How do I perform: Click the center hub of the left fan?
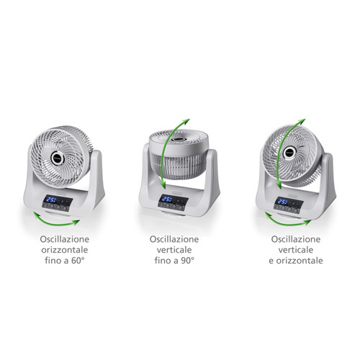[x=58, y=158]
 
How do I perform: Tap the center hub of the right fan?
[x=289, y=152]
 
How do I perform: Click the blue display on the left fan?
[x=52, y=199]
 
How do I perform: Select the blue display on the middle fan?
[x=168, y=199]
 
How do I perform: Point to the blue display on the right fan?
[x=284, y=201]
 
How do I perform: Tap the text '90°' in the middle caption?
[x=187, y=261]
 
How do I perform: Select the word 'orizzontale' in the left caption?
[x=65, y=250]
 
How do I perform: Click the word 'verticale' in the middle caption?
[x=174, y=250]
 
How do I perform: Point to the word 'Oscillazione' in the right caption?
[x=296, y=239]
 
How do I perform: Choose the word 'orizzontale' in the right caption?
[x=300, y=261]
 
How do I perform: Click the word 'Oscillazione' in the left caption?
[x=65, y=239]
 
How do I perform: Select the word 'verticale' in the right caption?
[x=296, y=250]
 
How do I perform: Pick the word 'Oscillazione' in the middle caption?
[x=174, y=239]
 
